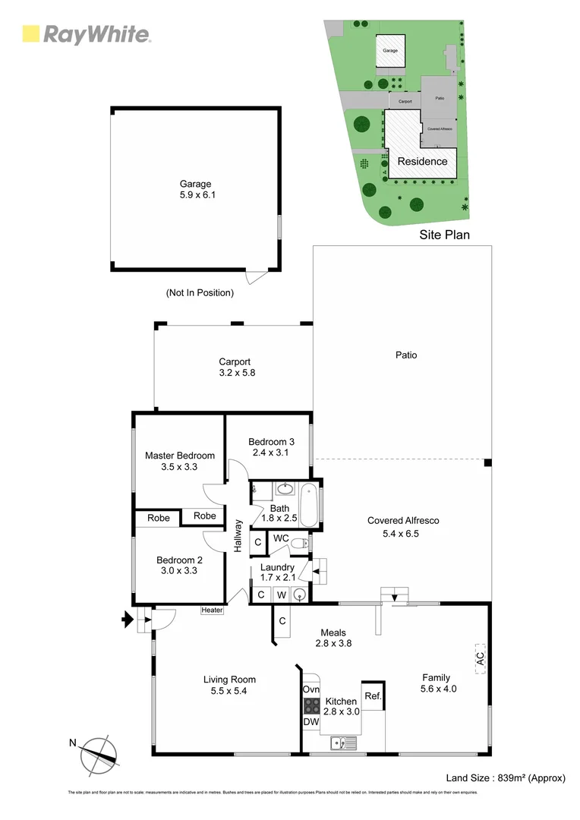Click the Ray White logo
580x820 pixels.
click(x=86, y=34)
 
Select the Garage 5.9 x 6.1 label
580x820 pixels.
click(x=195, y=189)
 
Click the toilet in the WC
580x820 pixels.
click(x=302, y=543)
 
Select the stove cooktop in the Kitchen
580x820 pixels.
click(x=311, y=705)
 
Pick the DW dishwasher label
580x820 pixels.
click(x=311, y=722)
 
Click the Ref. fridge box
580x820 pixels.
click(x=372, y=695)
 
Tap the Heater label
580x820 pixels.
click(x=212, y=610)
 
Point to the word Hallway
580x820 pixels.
click(x=238, y=535)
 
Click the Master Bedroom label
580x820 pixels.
click(x=180, y=461)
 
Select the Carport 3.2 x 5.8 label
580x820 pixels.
click(x=235, y=367)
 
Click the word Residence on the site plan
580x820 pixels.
click(x=423, y=161)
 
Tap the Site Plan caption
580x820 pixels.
click(x=444, y=235)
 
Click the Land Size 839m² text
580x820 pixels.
click(x=506, y=777)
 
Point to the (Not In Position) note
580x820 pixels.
click(x=200, y=292)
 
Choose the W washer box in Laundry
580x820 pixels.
click(x=280, y=594)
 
